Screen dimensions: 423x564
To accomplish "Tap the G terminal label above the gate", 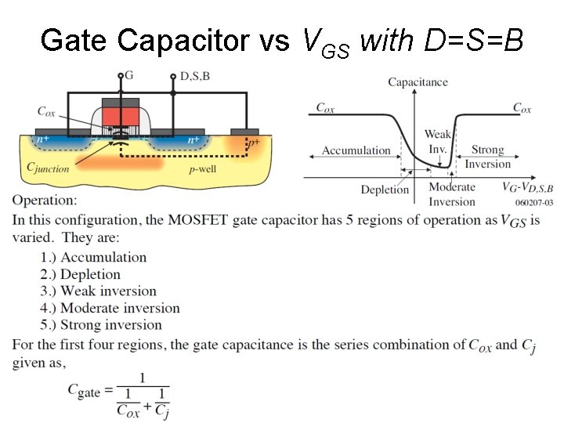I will tap(129, 76).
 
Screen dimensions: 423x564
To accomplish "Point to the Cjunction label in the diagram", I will tap(48, 167).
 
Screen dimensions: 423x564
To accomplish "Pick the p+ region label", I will tap(253, 143).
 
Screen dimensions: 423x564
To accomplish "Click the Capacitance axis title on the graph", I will tap(418, 81).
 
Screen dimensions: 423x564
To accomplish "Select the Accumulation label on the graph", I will tap(356, 150).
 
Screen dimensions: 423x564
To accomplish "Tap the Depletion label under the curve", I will tap(385, 189).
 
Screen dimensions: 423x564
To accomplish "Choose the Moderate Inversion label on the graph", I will tap(452, 193).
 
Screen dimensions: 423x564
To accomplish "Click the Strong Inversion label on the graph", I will tap(487, 157).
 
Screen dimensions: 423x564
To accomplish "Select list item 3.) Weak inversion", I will tap(99, 291).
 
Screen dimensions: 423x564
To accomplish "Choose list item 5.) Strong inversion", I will tap(101, 325).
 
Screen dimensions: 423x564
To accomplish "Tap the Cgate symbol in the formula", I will tap(84, 389).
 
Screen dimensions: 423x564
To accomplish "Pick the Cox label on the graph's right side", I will tap(522, 108).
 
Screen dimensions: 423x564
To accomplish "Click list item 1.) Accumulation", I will tap(94, 257).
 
